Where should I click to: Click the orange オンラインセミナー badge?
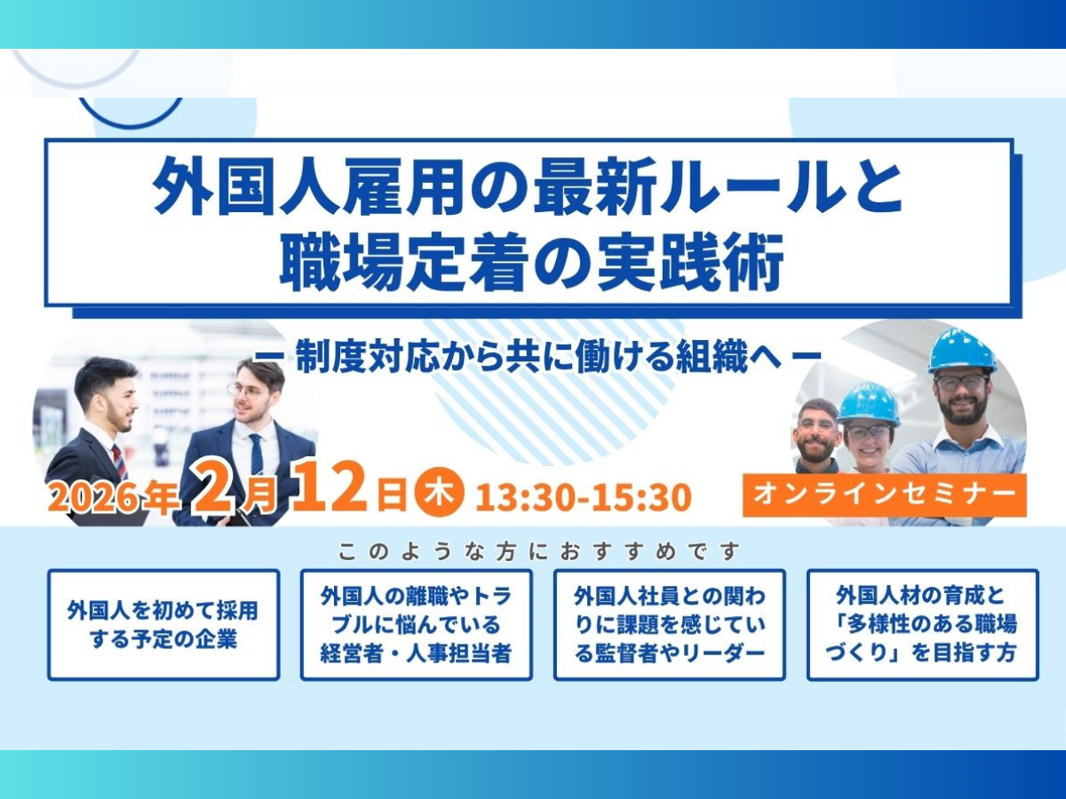pos(885,494)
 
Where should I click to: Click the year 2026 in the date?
pos(95,496)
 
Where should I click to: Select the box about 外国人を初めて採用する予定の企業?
pos(163,625)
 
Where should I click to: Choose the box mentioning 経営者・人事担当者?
pos(417,625)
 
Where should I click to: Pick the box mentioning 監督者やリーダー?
pos(669,625)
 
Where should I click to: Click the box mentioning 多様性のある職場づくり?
pos(923,625)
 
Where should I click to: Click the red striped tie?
pos(119,462)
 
